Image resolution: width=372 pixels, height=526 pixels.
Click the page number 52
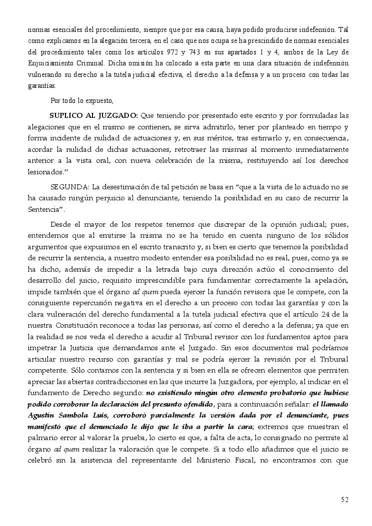pos(344,499)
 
